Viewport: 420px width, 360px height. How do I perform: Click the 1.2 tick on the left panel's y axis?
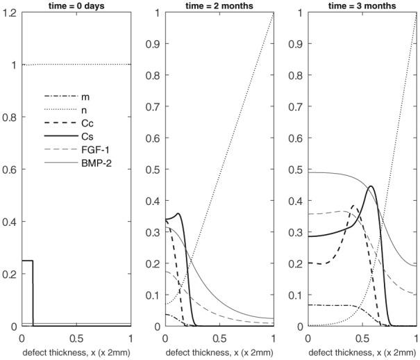(x=10, y=13)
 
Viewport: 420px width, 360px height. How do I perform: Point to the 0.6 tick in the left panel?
(x=10, y=170)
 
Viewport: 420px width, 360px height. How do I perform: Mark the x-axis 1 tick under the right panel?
(x=415, y=337)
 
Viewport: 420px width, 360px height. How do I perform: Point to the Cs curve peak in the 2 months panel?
(x=179, y=214)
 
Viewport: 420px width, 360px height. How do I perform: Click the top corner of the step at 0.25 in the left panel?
(x=33, y=261)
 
